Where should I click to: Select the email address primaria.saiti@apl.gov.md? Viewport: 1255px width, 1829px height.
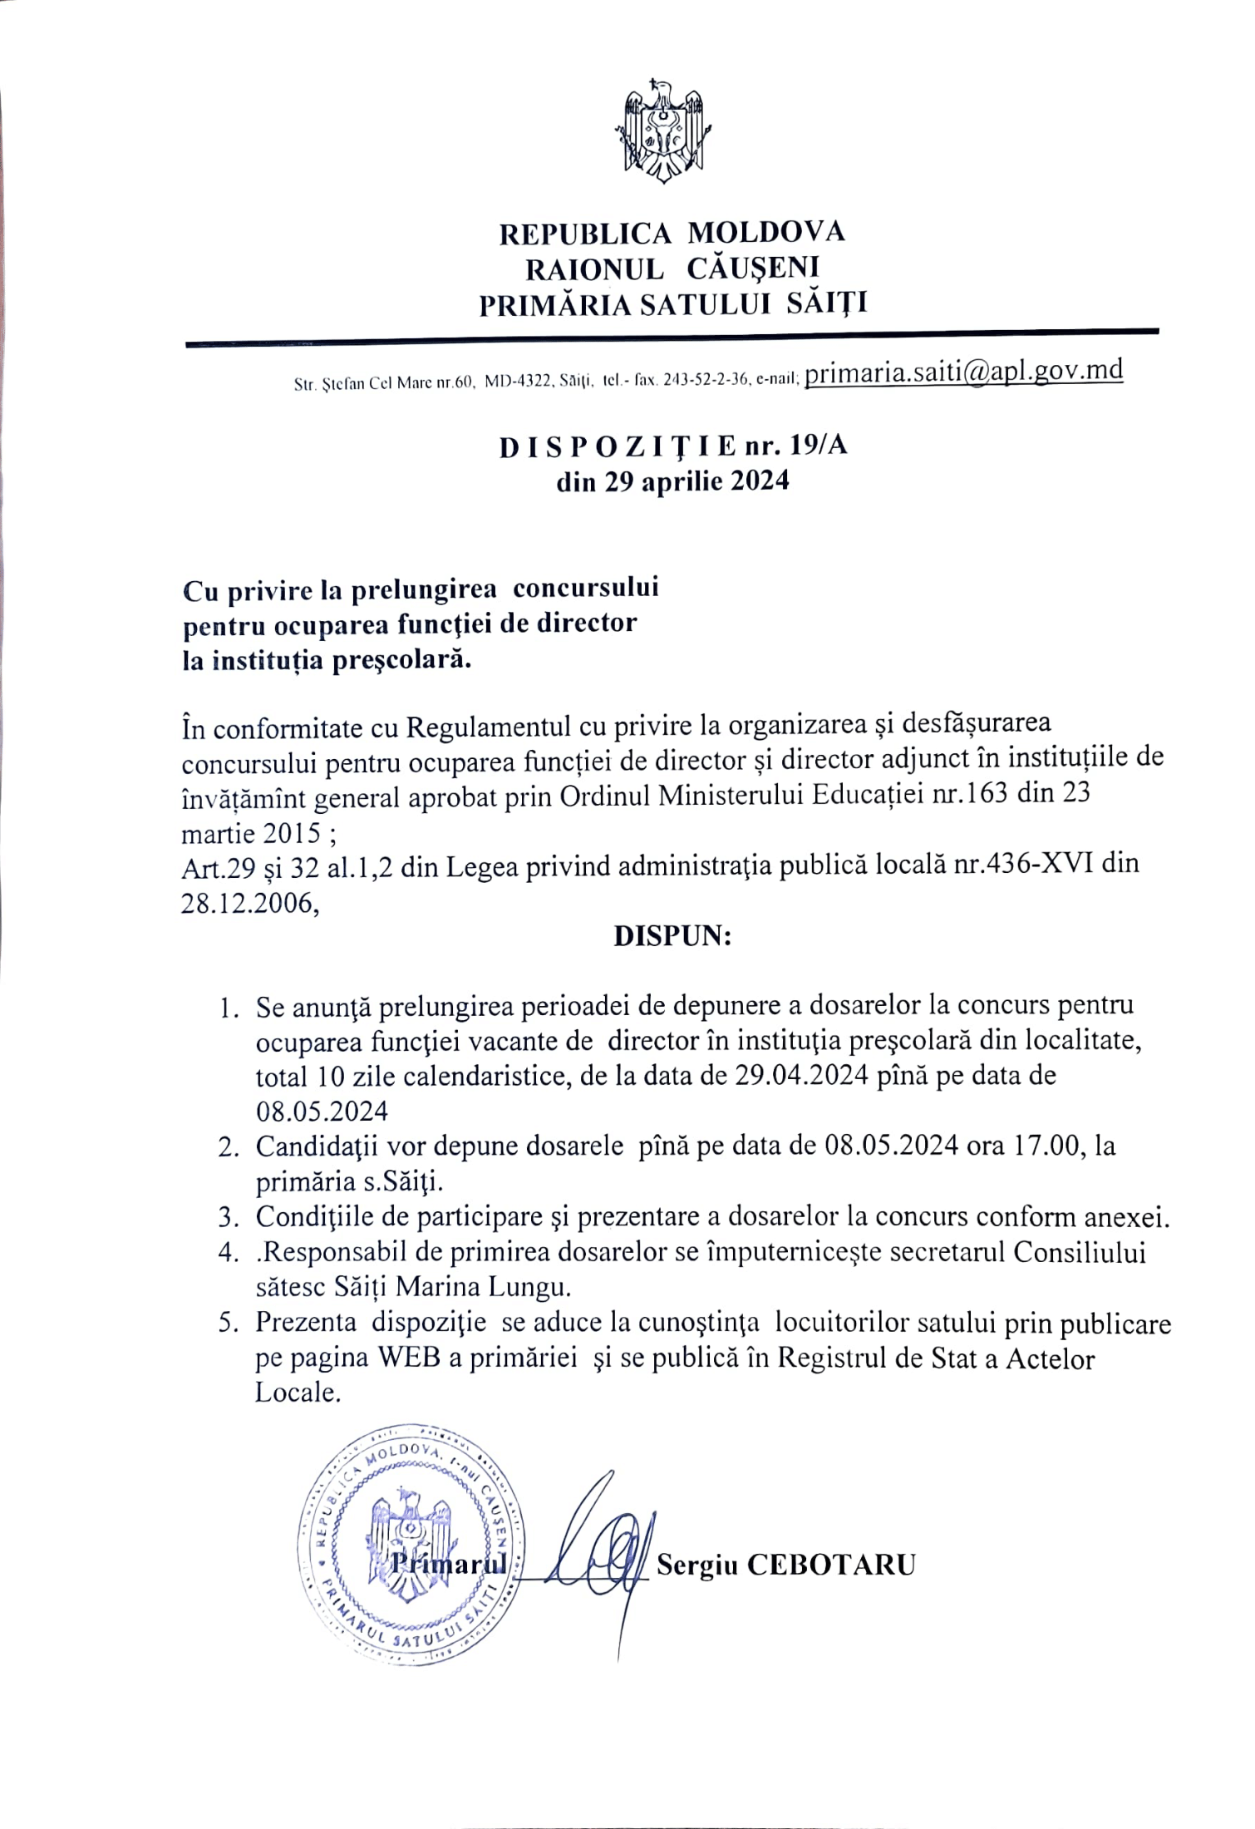(x=964, y=371)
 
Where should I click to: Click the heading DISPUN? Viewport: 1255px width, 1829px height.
(x=672, y=936)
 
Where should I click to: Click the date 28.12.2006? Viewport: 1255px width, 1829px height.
(x=249, y=904)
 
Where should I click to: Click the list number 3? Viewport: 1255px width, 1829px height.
(x=227, y=1218)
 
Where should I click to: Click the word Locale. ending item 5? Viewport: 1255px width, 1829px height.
(x=298, y=1393)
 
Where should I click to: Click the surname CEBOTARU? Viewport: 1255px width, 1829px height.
(x=830, y=1565)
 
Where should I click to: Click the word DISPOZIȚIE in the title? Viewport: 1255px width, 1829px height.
(x=617, y=446)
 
